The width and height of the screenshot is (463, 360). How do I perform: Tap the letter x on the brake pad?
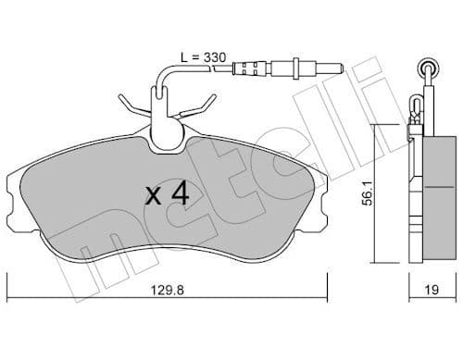pos(154,196)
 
